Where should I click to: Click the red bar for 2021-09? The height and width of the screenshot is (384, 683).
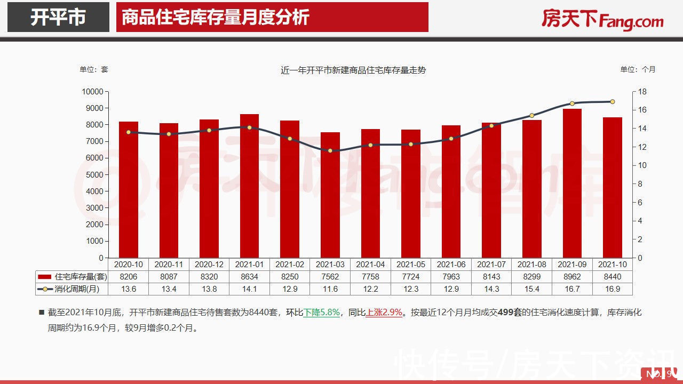tap(571, 183)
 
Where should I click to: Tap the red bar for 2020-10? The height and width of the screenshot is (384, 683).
tap(128, 190)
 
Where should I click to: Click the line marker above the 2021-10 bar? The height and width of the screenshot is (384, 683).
tap(612, 101)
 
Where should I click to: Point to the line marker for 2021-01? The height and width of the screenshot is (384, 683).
tap(249, 127)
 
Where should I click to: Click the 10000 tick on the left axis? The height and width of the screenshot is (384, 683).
tap(92, 92)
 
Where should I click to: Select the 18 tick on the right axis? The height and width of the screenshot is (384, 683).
tap(642, 92)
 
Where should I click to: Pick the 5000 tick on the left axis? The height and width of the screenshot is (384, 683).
tap(94, 175)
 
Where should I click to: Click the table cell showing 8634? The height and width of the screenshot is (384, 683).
tap(249, 277)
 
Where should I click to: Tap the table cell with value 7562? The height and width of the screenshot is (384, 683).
tap(330, 277)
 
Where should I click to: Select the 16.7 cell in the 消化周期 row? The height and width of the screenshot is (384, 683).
tap(571, 289)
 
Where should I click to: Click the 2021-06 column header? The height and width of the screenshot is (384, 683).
tap(451, 265)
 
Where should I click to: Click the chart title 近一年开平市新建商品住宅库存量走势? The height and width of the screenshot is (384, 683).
tap(353, 70)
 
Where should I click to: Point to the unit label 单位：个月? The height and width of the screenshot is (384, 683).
tap(638, 69)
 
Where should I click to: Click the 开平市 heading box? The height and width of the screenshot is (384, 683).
tap(58, 17)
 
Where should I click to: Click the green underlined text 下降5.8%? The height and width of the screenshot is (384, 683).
tap(322, 313)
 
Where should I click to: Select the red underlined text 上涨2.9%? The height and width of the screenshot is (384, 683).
tap(384, 313)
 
